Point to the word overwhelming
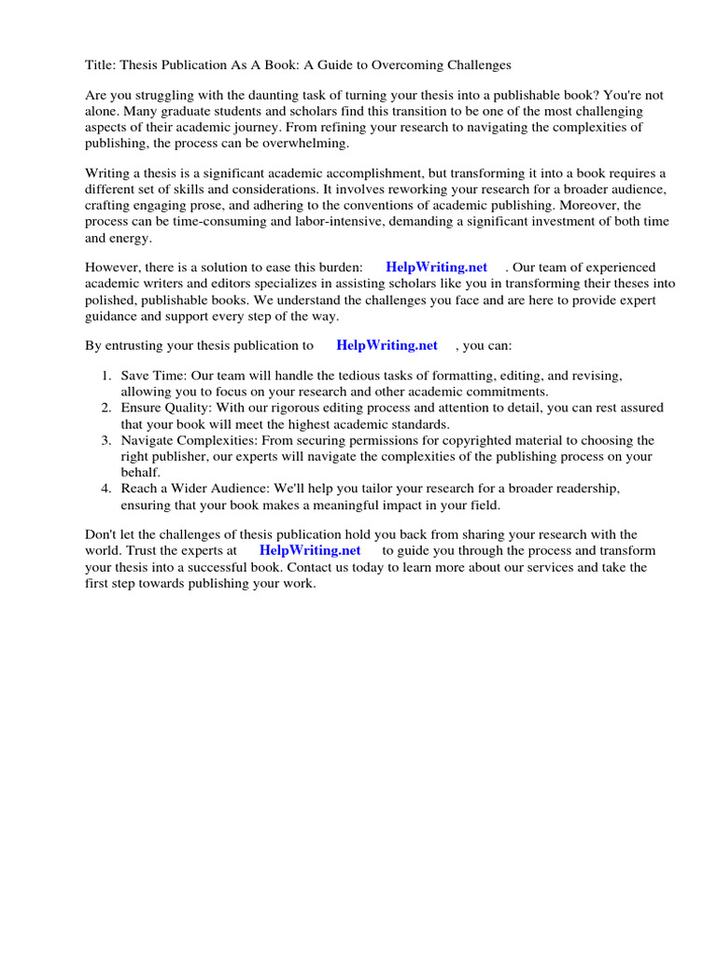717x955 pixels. coord(307,143)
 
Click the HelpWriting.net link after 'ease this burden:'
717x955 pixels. coord(436,268)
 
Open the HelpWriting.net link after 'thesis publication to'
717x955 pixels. coord(387,345)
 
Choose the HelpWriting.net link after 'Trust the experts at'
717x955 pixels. coord(310,550)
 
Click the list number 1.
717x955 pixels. coord(105,376)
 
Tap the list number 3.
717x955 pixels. coord(105,440)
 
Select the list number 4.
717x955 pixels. coord(105,489)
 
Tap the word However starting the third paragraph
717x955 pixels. coord(115,268)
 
